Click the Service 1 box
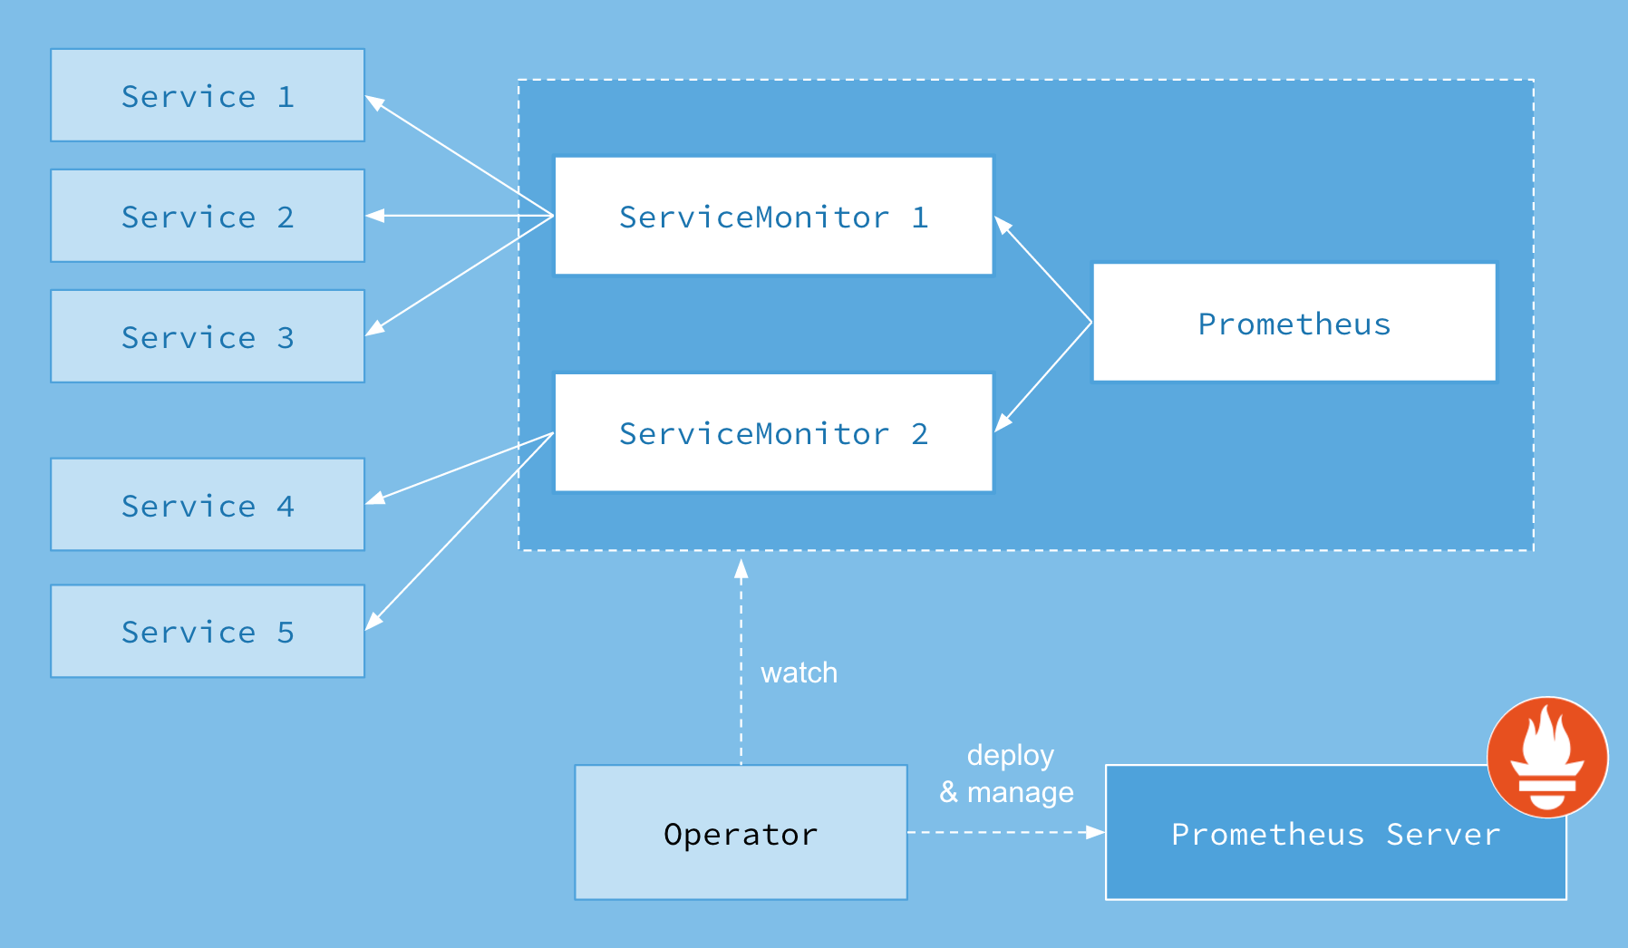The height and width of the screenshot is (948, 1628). [208, 95]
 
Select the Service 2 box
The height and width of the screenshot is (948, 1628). [208, 216]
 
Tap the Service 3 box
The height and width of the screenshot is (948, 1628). [208, 336]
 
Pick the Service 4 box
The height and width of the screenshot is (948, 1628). [208, 505]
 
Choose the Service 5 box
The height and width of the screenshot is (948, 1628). [208, 631]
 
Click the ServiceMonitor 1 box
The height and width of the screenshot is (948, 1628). [773, 216]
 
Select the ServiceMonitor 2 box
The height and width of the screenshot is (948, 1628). [773, 432]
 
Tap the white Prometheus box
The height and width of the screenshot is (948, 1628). [1294, 323]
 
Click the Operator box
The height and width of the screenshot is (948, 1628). [741, 832]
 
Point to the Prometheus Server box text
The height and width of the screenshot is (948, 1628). [1334, 834]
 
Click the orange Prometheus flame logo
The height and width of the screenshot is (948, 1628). [1547, 757]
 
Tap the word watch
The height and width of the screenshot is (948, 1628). [799, 672]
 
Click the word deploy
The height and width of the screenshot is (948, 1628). [1010, 755]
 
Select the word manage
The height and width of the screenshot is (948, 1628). [1020, 792]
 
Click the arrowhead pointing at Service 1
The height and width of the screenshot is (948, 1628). [374, 102]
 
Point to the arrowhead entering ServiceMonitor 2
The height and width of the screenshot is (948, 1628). [1003, 422]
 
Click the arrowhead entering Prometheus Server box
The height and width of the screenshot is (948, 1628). [1096, 832]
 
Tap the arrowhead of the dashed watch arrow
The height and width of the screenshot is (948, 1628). [741, 568]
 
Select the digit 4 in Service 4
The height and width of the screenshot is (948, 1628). [286, 506]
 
